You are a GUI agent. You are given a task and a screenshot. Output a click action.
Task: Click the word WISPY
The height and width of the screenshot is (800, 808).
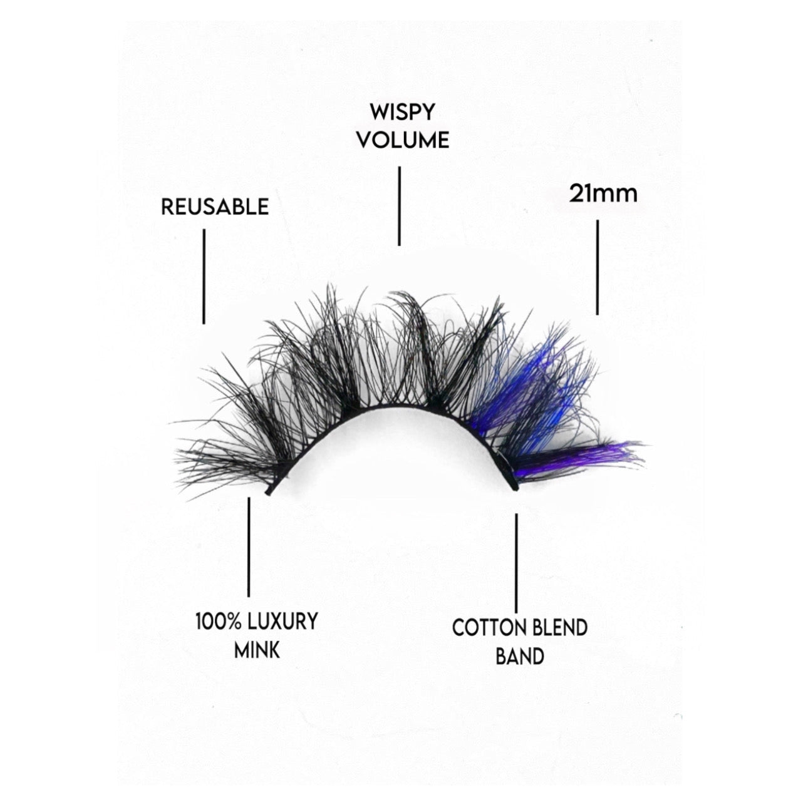[402, 113]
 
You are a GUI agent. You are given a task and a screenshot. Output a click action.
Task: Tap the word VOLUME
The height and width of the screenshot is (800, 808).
[403, 140]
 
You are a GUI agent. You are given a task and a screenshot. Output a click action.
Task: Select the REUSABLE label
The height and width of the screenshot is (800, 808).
[215, 207]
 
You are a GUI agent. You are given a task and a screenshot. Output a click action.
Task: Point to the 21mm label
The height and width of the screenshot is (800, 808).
[603, 193]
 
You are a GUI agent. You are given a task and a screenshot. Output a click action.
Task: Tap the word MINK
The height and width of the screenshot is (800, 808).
[257, 650]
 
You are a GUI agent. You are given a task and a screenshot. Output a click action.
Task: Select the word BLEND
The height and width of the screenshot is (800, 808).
[560, 628]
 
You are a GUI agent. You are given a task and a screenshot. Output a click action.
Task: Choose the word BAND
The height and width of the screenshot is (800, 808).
[519, 656]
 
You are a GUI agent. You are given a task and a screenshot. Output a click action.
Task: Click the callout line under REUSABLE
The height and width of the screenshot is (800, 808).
[204, 276]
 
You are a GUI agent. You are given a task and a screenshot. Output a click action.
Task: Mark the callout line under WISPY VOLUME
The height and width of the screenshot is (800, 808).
[398, 206]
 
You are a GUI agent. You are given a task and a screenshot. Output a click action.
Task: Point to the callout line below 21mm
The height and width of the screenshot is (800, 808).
[597, 267]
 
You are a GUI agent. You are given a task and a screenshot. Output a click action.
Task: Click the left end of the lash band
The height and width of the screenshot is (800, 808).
[269, 492]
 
